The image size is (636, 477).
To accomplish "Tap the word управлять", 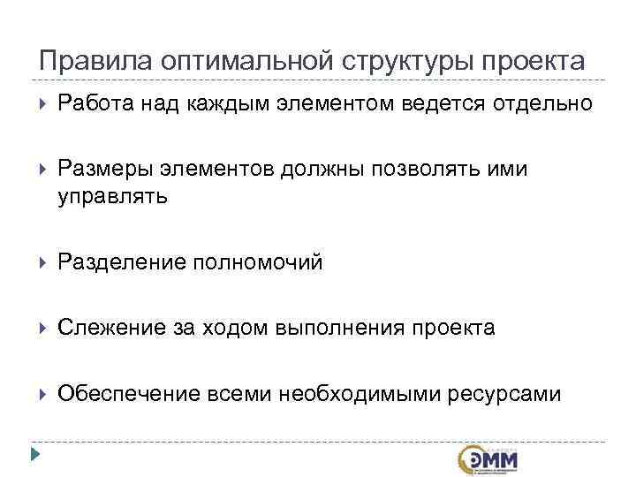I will (112, 196).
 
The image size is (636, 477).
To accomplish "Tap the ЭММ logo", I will (488, 460).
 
